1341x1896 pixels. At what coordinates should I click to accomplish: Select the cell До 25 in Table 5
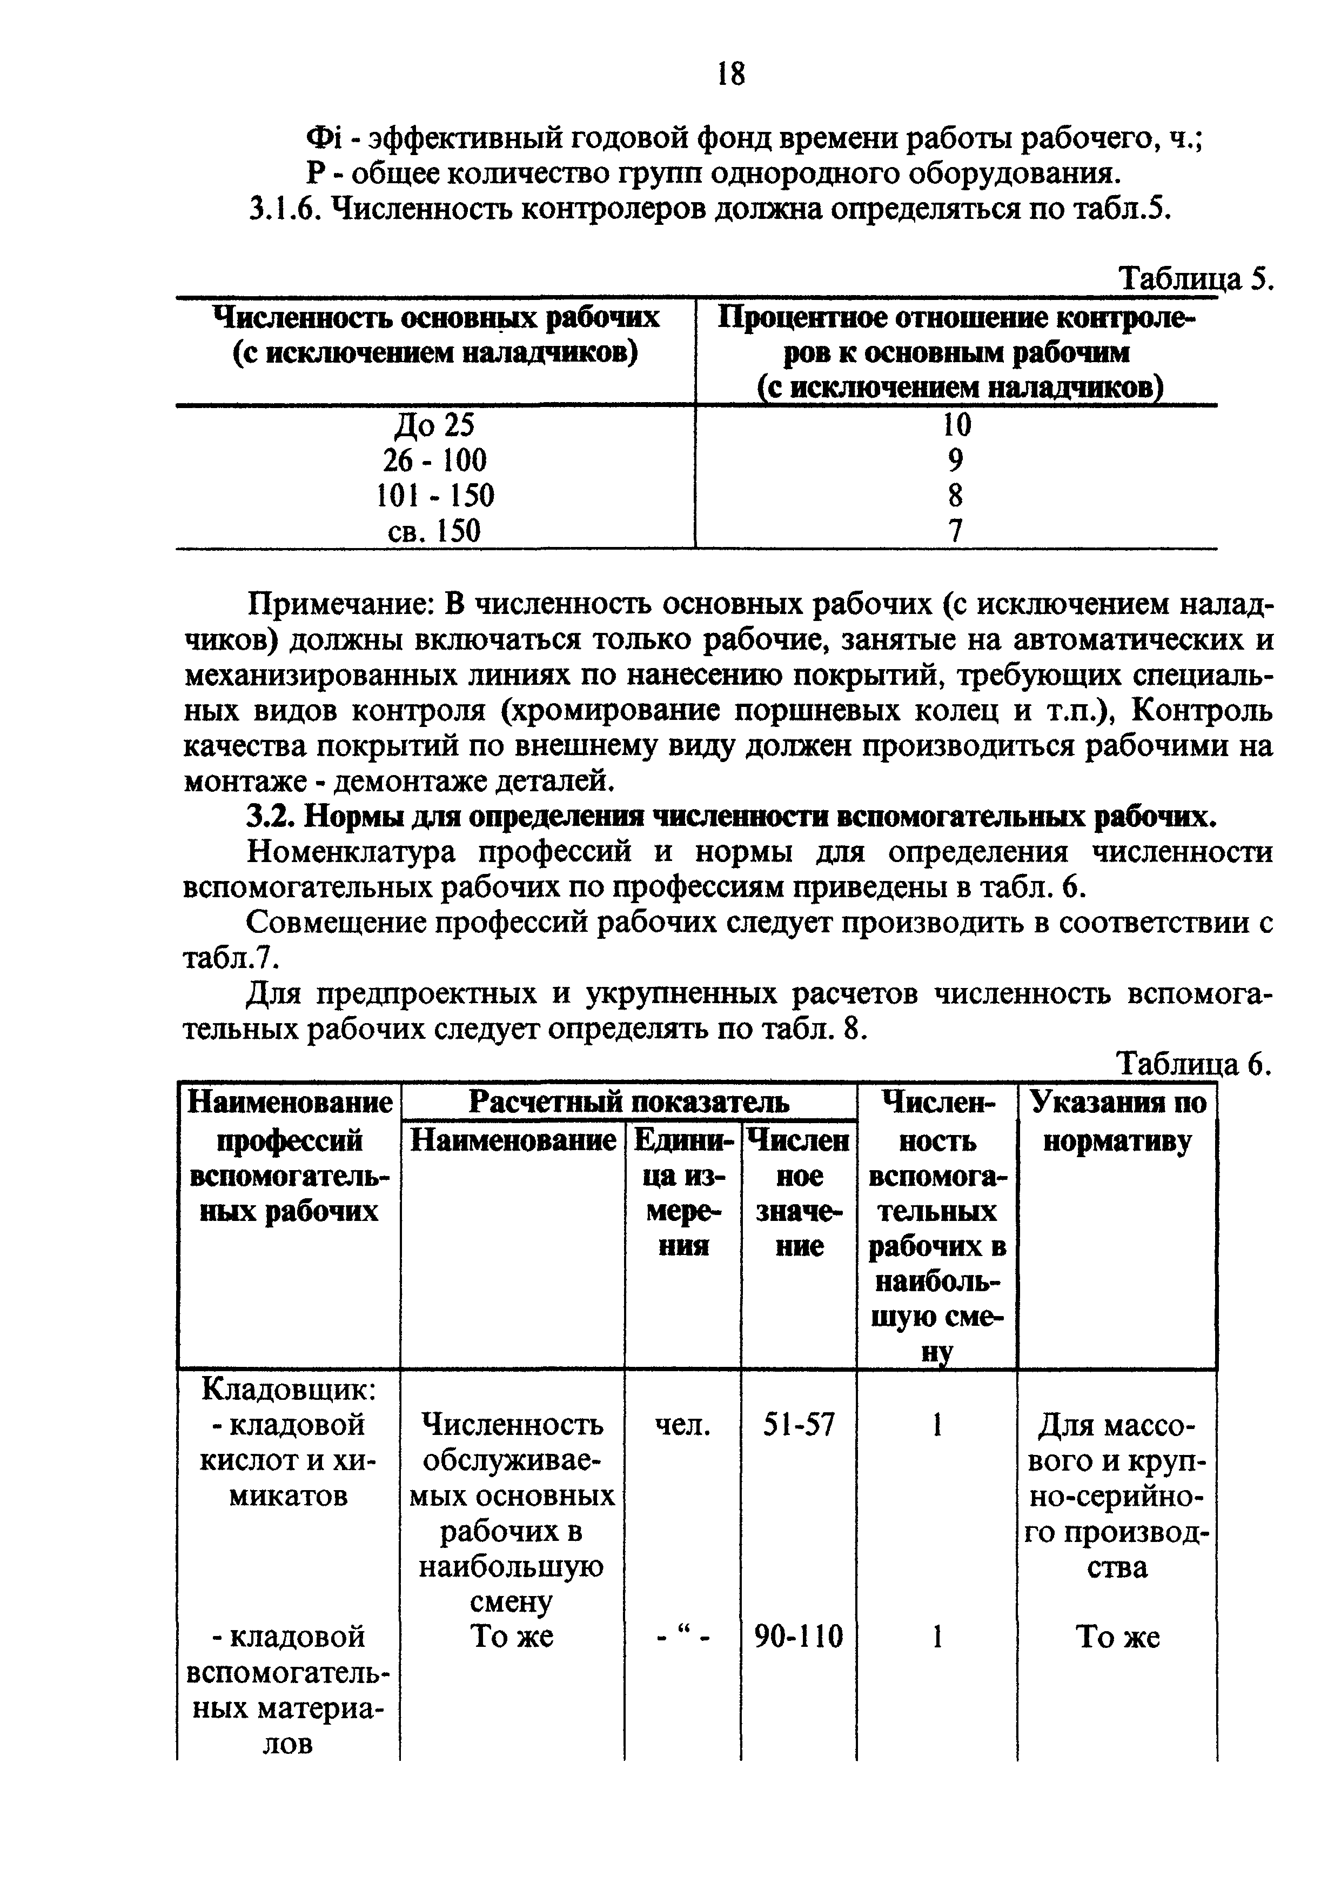point(434,425)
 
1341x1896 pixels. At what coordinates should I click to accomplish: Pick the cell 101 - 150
point(434,496)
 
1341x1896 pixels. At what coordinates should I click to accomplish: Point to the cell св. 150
point(434,530)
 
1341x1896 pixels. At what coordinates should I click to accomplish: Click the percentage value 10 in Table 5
point(956,425)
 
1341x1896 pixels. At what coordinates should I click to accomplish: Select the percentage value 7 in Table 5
point(955,531)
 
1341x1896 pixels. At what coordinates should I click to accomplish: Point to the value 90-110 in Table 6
point(799,1636)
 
